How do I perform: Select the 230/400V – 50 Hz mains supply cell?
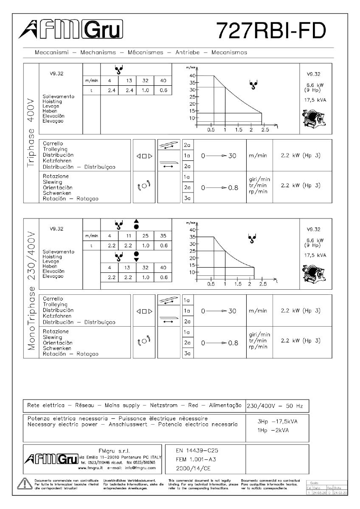click(x=275, y=406)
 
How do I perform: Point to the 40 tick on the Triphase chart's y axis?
click(x=192, y=76)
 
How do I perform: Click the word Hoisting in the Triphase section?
click(x=53, y=101)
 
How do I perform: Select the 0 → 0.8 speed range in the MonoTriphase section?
click(x=219, y=342)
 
